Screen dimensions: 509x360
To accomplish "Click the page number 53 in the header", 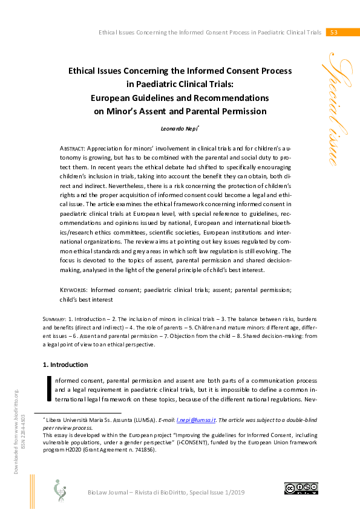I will point(333,32).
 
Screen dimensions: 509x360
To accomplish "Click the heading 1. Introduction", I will point(65,365).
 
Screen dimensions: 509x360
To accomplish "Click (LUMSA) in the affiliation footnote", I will point(155,419).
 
